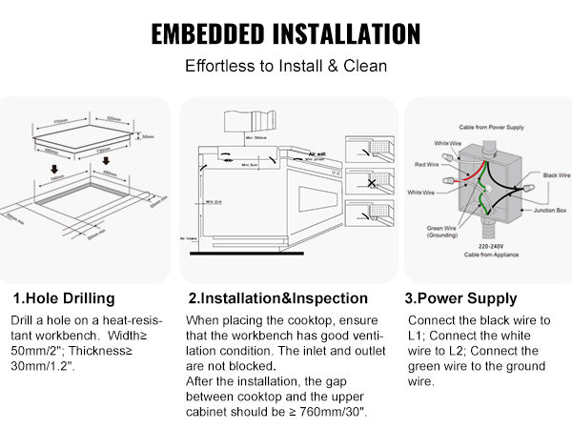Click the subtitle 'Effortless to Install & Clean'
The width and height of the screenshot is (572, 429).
(x=285, y=69)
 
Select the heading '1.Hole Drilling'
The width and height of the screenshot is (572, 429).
(x=64, y=298)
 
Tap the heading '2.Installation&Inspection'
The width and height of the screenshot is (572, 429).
(x=277, y=298)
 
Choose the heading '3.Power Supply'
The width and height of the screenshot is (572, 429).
(x=461, y=298)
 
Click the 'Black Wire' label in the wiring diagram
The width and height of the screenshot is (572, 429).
(x=555, y=175)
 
